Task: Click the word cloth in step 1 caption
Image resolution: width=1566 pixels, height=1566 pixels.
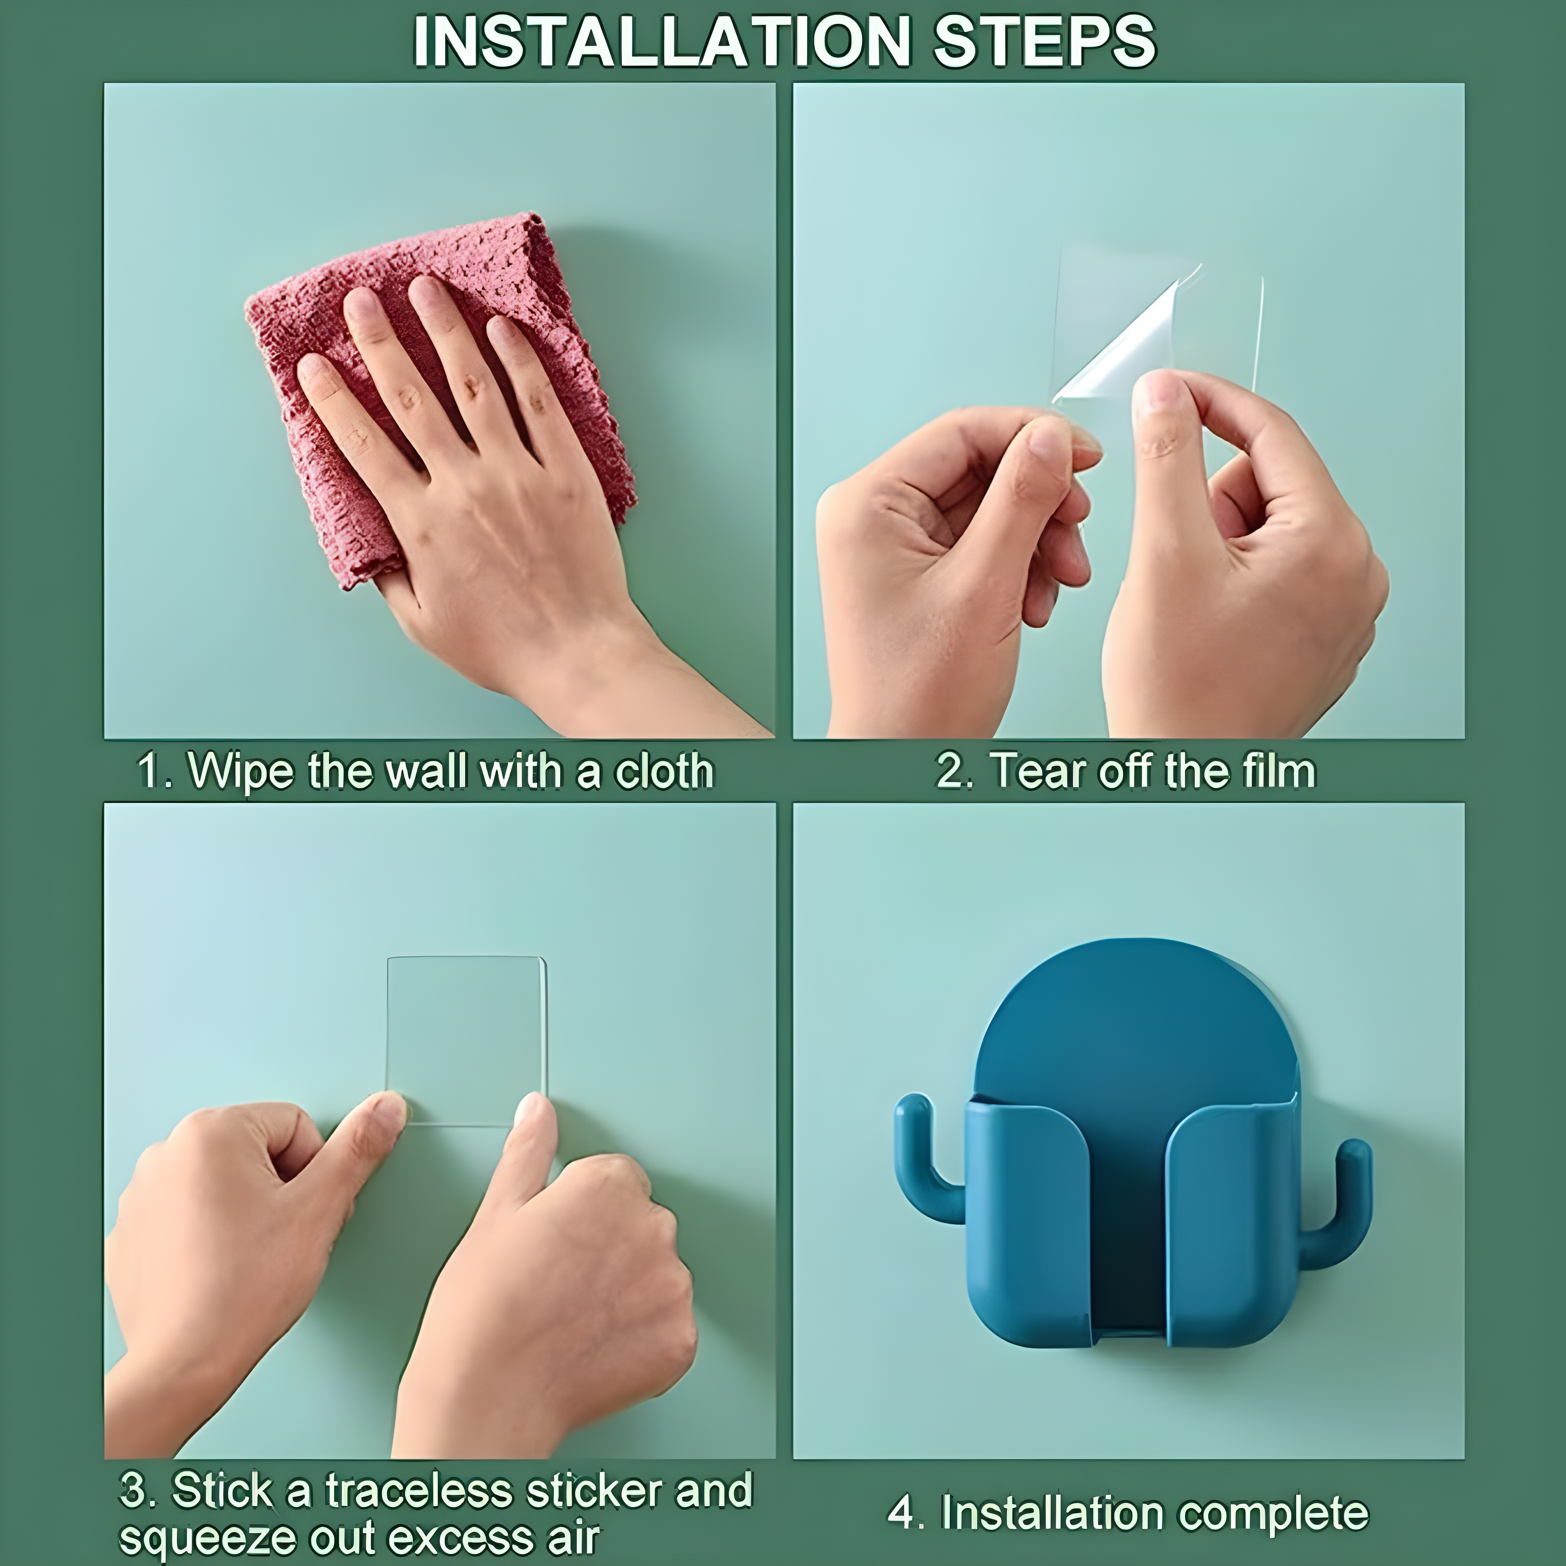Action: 664,771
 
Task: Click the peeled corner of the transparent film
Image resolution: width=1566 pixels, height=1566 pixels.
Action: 1126,340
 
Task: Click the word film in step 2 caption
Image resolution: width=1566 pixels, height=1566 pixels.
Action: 1278,771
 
